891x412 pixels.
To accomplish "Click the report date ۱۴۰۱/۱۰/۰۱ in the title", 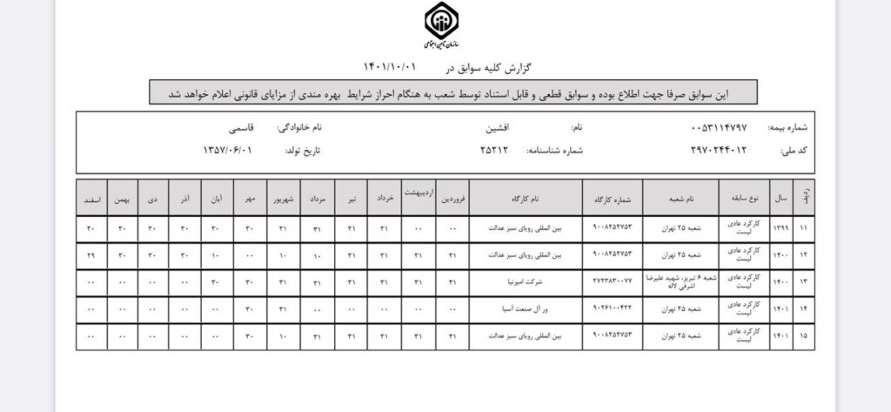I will (391, 66).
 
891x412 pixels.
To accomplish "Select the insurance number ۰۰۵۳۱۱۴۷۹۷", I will (718, 127).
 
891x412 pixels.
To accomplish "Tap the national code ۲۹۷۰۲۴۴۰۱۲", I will (718, 150).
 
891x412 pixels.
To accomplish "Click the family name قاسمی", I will (237, 127).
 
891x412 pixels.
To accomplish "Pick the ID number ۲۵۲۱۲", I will (495, 150).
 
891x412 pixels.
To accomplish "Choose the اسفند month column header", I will (91, 199).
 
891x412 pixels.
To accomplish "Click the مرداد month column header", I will (317, 199).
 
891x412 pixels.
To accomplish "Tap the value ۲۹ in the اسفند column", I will (91, 255).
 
